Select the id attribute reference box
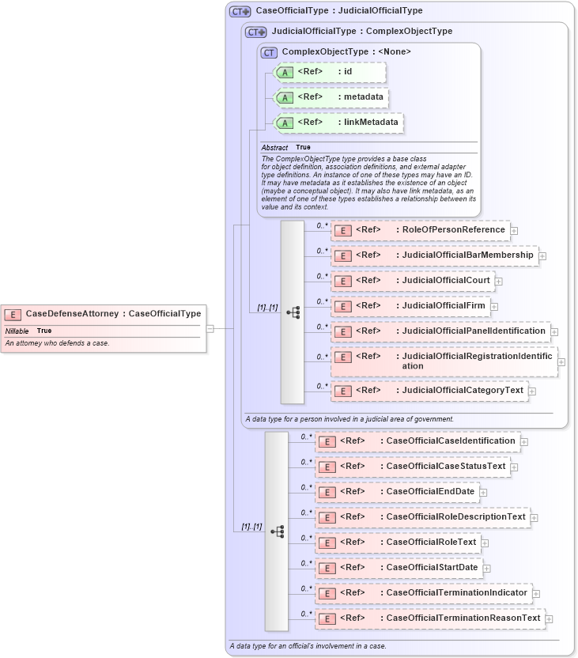click(x=329, y=72)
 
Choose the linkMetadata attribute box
click(x=338, y=123)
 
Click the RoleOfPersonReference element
click(x=420, y=230)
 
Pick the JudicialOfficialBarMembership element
click(x=434, y=255)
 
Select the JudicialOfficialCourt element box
click(x=412, y=281)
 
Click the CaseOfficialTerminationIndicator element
click(x=423, y=592)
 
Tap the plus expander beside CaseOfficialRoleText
click(x=485, y=543)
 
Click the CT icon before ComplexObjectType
click(x=269, y=52)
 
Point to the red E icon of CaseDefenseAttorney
click(x=13, y=314)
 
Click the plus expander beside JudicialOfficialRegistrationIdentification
click(x=561, y=361)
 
